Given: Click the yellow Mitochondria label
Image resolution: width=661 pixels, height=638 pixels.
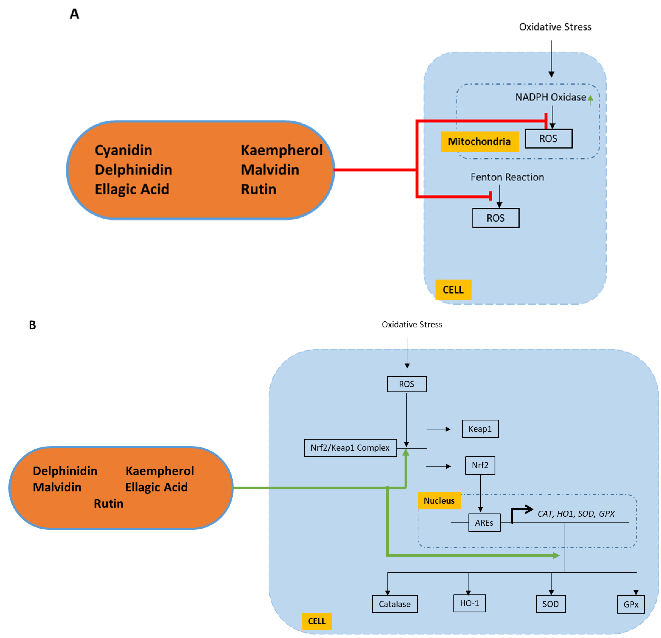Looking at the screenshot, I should click(x=479, y=141).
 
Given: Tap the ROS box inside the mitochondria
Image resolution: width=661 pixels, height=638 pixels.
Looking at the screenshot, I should click(x=548, y=139).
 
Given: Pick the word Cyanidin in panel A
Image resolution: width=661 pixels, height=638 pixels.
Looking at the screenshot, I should click(x=123, y=150).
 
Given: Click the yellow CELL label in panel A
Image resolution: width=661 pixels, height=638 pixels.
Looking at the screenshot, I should click(x=453, y=290).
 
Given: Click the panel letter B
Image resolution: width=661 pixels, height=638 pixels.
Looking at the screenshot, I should click(x=32, y=325).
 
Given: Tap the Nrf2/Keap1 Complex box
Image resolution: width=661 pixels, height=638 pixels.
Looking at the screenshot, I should click(x=350, y=448).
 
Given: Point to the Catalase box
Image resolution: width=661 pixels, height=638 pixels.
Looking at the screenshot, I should click(x=395, y=604).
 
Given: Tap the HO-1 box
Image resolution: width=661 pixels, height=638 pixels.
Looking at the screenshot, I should click(x=469, y=603).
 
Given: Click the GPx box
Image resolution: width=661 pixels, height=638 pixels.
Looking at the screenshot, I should click(x=631, y=604).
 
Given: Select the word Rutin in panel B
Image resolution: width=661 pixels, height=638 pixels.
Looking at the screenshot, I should click(x=109, y=503).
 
